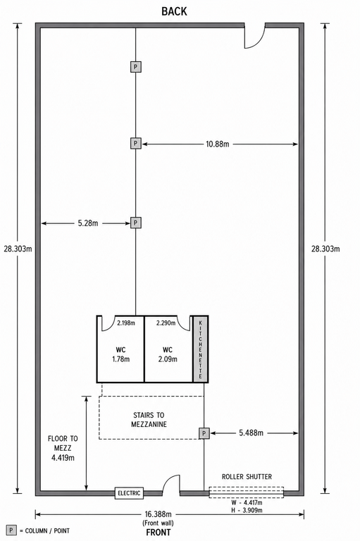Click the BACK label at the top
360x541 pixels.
click(x=174, y=11)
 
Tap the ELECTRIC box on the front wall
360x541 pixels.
click(x=129, y=493)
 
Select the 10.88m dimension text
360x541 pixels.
click(x=218, y=144)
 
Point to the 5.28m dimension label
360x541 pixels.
click(x=88, y=223)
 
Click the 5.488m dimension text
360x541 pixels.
click(x=252, y=433)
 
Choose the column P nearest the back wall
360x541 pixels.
click(x=136, y=67)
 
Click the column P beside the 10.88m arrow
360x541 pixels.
click(x=136, y=143)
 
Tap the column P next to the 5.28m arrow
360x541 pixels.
click(x=136, y=223)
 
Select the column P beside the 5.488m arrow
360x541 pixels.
click(x=204, y=433)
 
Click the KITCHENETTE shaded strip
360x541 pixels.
click(x=201, y=349)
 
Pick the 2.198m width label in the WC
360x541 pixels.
click(x=126, y=323)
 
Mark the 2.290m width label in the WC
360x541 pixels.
click(x=166, y=323)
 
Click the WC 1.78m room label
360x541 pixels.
click(x=120, y=355)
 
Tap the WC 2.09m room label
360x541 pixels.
click(x=168, y=355)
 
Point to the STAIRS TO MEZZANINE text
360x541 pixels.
click(x=149, y=420)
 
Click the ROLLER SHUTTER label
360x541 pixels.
click(x=247, y=477)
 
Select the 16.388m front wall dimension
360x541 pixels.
click(x=159, y=514)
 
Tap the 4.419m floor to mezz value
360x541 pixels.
click(x=63, y=458)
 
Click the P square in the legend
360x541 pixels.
click(x=12, y=530)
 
